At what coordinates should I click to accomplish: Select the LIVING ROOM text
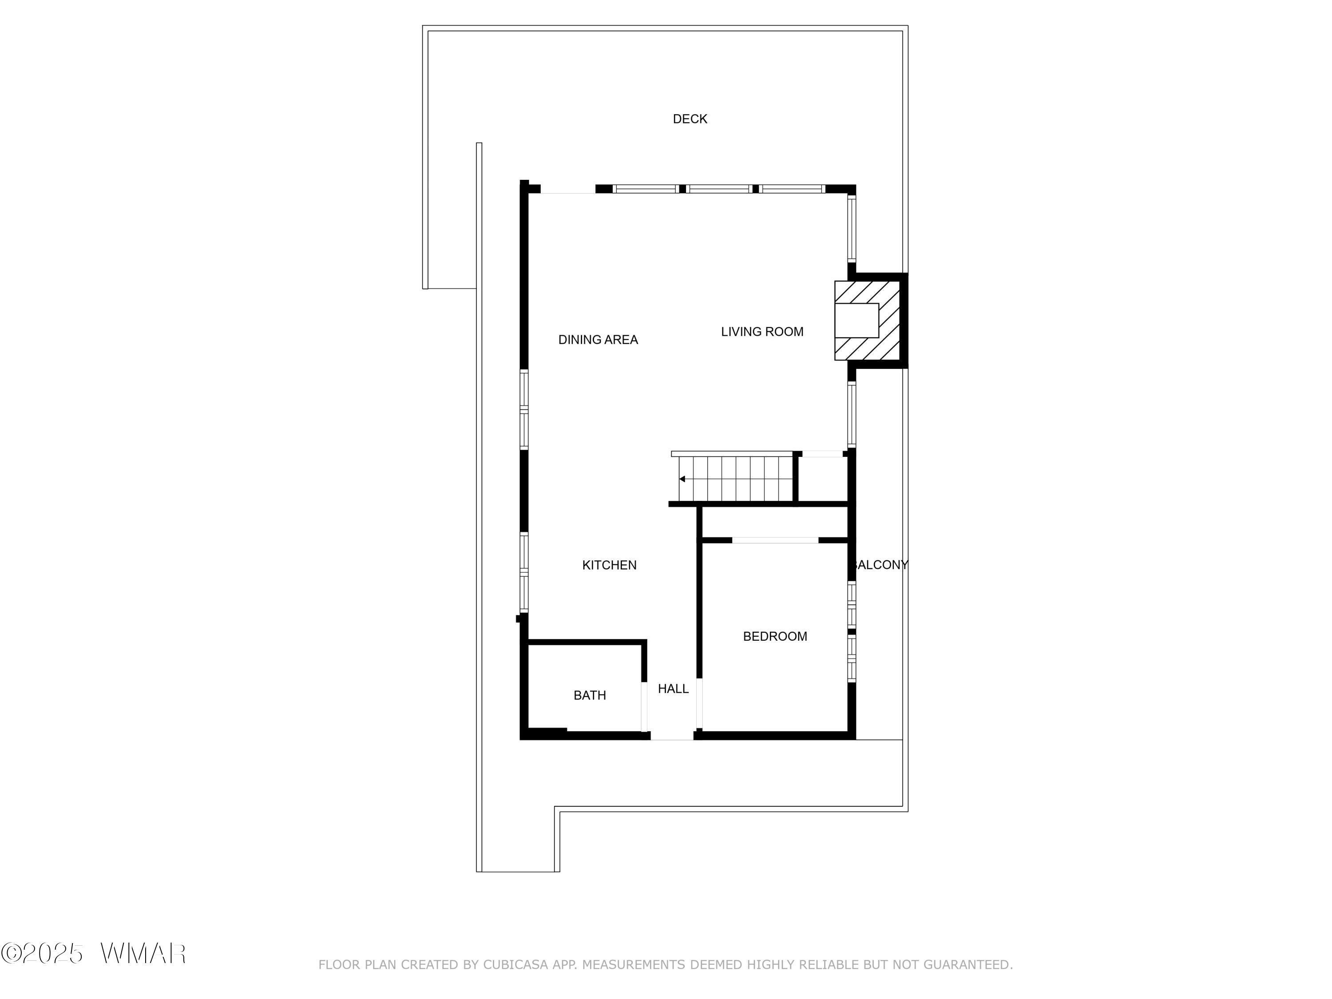click(x=762, y=331)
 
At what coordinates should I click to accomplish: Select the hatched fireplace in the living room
click(x=867, y=321)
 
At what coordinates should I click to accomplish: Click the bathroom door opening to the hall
click(x=644, y=706)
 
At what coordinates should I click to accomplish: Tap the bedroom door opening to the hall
click(x=699, y=703)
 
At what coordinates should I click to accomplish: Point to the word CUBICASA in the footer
click(x=515, y=965)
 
